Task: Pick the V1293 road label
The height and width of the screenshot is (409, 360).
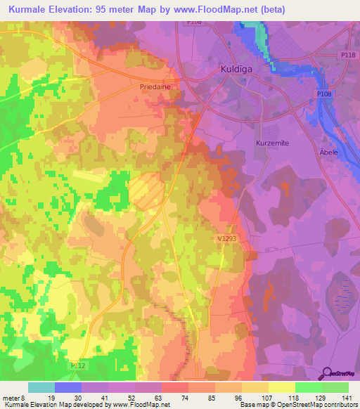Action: [x=226, y=239]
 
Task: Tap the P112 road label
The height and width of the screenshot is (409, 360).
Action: [x=78, y=365]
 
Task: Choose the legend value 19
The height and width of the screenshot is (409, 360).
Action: [x=51, y=397]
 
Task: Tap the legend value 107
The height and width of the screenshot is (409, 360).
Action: [x=264, y=397]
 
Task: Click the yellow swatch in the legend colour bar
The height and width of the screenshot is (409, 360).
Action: [x=281, y=387]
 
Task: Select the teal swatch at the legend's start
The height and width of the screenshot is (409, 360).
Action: [x=41, y=387]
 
